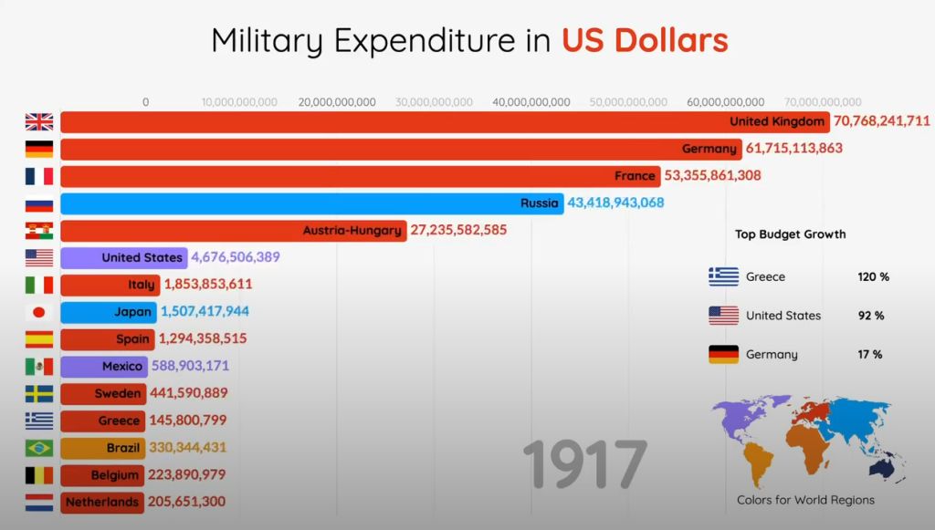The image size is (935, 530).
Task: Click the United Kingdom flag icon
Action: click(39, 121)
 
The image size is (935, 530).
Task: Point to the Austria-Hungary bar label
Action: click(353, 230)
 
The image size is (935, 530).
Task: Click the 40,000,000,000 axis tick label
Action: click(531, 102)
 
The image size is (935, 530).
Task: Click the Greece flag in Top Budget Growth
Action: click(723, 276)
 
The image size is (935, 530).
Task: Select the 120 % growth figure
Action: click(873, 276)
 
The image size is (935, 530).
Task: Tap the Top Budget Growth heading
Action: click(790, 234)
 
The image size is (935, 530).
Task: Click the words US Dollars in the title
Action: click(645, 40)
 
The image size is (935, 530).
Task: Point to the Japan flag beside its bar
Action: click(39, 312)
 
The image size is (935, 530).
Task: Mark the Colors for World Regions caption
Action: click(805, 500)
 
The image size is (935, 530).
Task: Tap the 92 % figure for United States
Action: click(871, 316)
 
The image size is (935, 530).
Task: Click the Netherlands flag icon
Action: click(39, 502)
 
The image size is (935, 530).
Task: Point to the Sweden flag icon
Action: click(39, 393)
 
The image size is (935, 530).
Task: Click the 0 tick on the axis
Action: click(145, 102)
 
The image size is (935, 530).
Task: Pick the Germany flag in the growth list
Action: click(723, 354)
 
